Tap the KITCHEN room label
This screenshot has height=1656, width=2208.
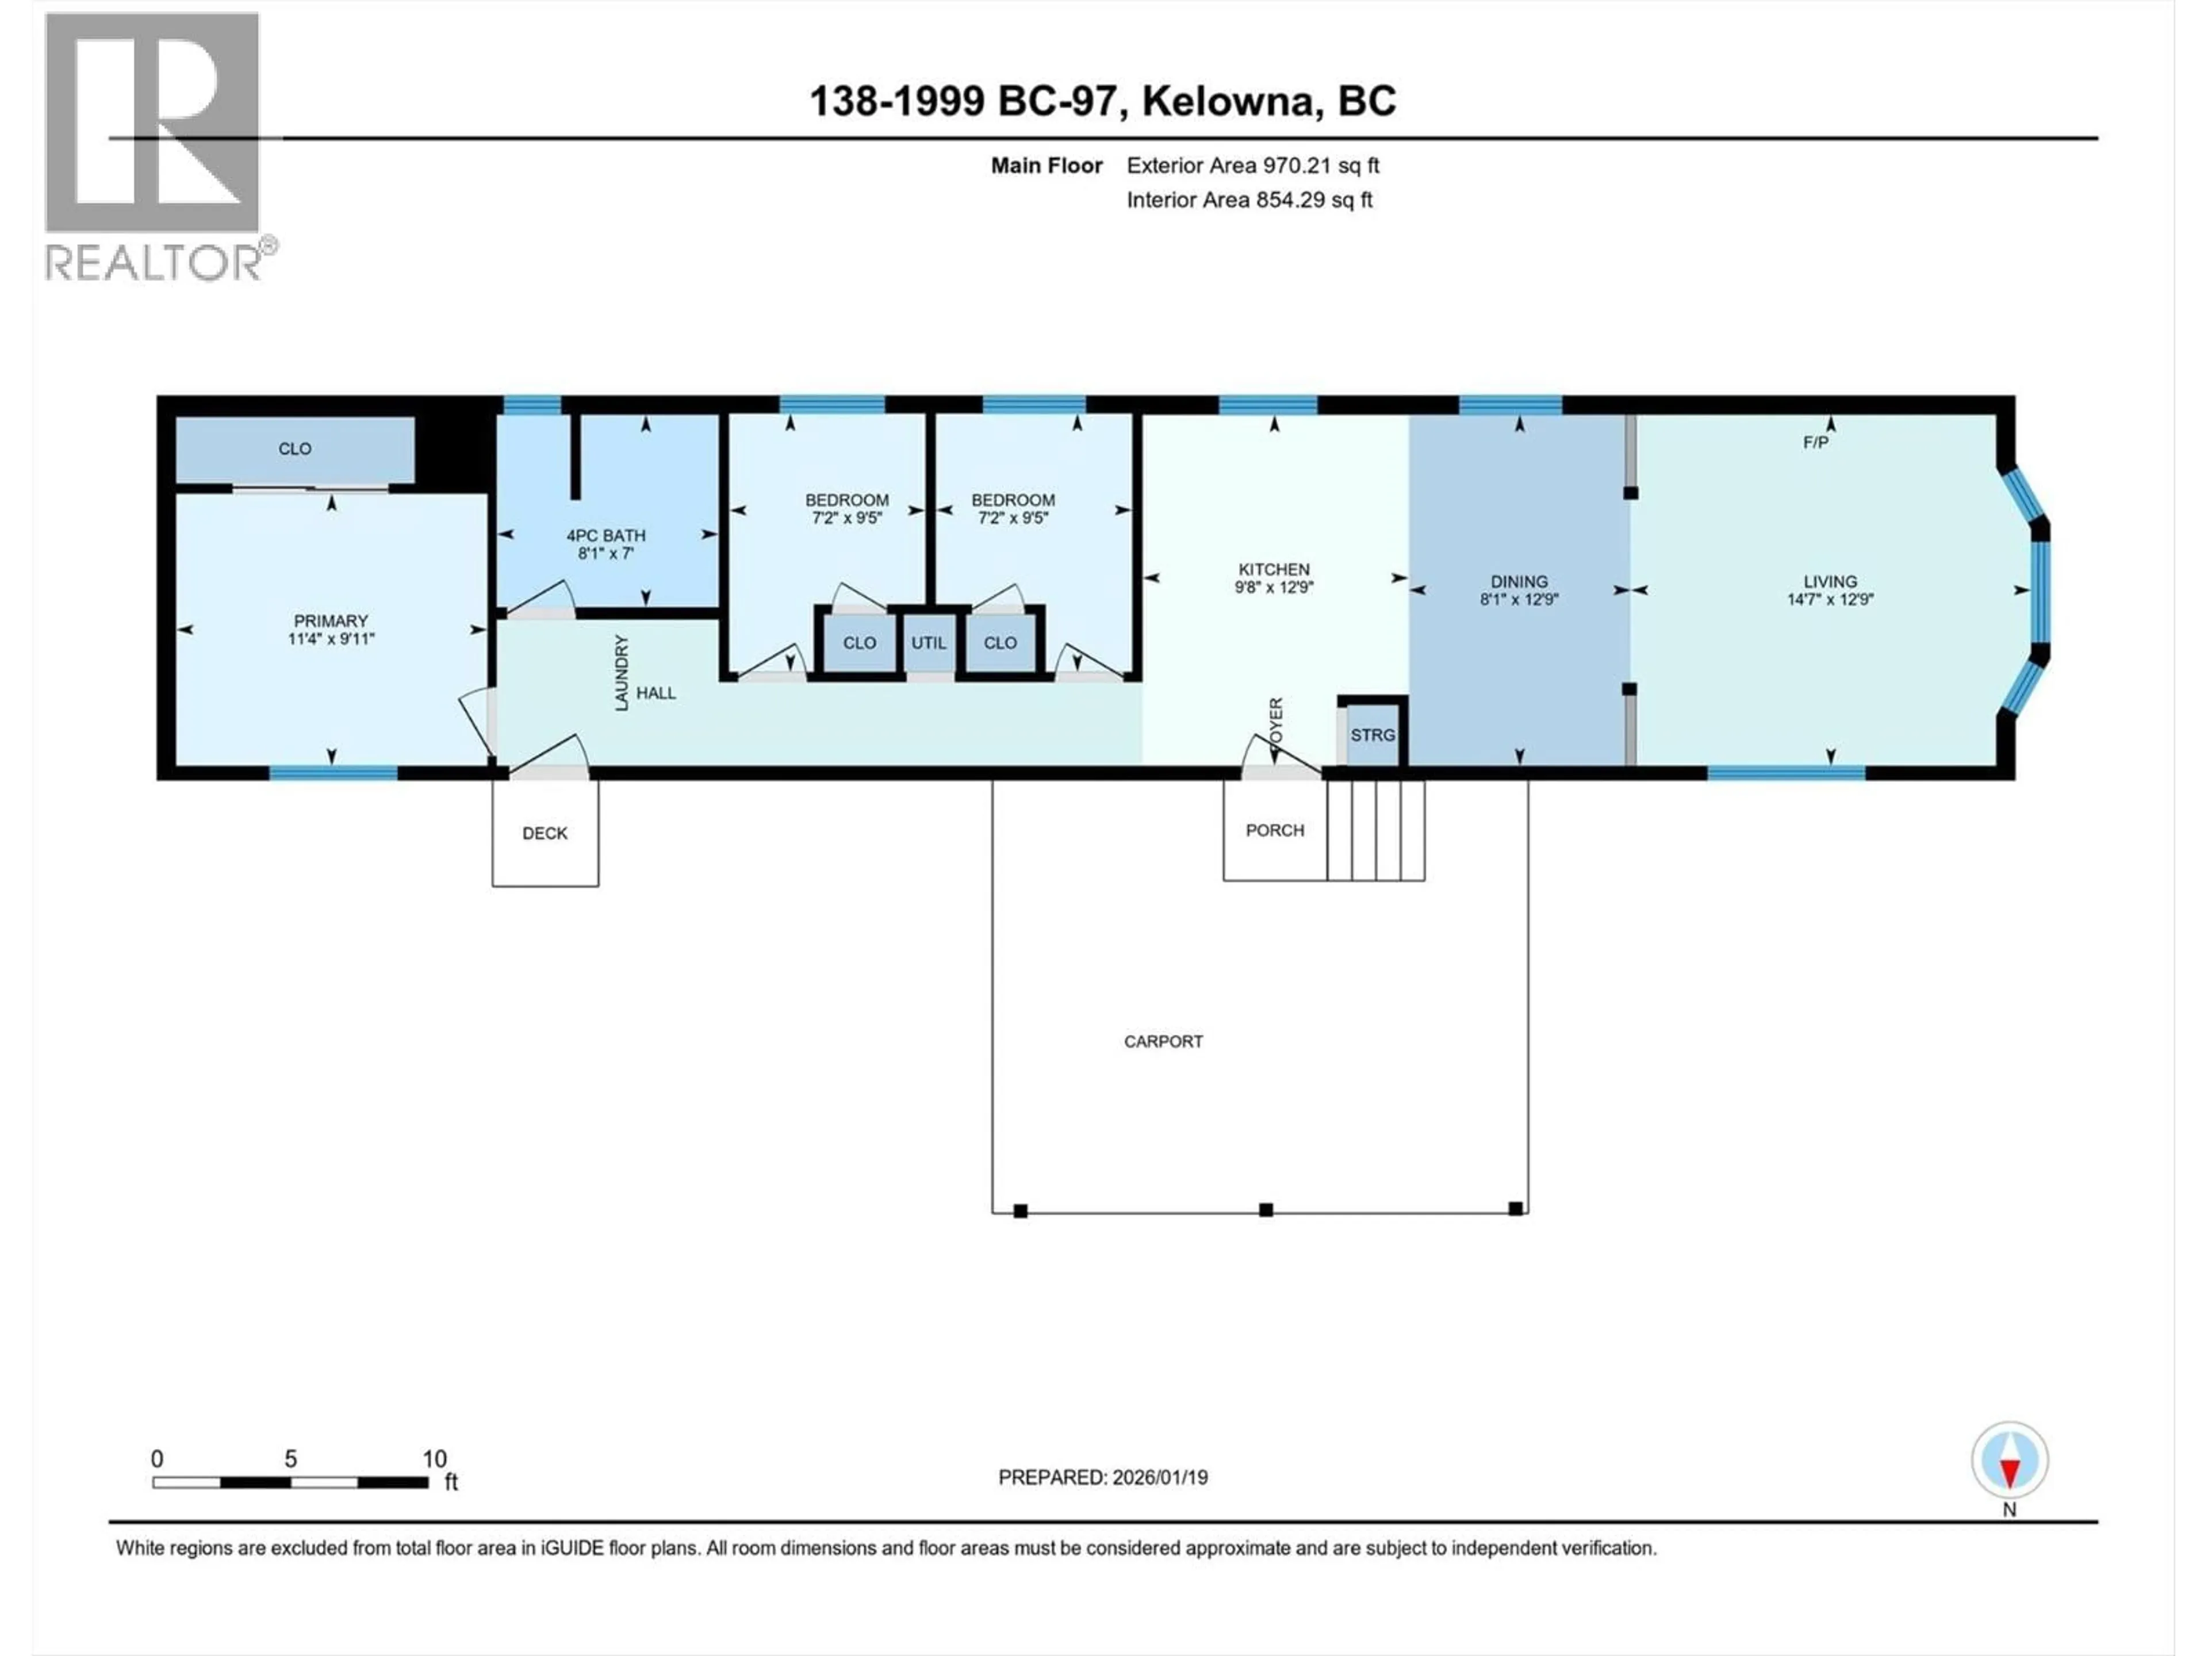point(1274,569)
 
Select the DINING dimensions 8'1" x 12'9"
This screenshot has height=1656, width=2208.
point(1518,600)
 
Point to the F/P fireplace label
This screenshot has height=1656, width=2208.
point(1815,442)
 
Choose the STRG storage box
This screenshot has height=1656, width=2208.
point(1373,735)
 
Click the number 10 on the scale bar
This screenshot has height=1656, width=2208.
point(434,1458)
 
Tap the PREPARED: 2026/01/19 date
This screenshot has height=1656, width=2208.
point(1103,1477)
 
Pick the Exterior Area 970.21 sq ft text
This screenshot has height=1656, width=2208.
point(1253,166)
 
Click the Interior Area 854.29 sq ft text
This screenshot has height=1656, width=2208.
point(1249,200)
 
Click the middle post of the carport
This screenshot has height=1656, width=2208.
point(1266,1210)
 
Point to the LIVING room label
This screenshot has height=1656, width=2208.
point(1830,581)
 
